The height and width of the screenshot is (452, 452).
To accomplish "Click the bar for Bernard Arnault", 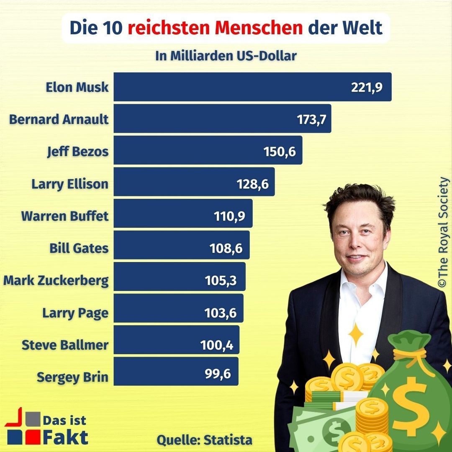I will point(201,119).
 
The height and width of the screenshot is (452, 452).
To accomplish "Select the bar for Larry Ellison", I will point(176,182).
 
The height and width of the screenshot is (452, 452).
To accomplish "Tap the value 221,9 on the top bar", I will point(367,87).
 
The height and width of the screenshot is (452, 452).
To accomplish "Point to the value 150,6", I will point(280,151).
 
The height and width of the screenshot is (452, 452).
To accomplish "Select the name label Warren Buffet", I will point(65,216).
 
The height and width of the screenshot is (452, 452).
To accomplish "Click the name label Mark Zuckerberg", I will point(56,280).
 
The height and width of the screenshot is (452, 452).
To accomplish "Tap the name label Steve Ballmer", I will point(65,345).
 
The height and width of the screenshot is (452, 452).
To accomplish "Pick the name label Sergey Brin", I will point(72,377).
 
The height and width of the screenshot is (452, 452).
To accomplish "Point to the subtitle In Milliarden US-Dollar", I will point(226,56).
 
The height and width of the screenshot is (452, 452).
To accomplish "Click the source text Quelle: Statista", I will point(205,440).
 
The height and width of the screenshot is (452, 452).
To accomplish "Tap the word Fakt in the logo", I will point(66,437).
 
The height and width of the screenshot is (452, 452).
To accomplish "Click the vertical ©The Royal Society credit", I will point(443,233).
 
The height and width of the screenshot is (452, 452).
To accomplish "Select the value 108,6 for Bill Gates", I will point(226,248).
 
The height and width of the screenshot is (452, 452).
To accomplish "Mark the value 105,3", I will point(221,280).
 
